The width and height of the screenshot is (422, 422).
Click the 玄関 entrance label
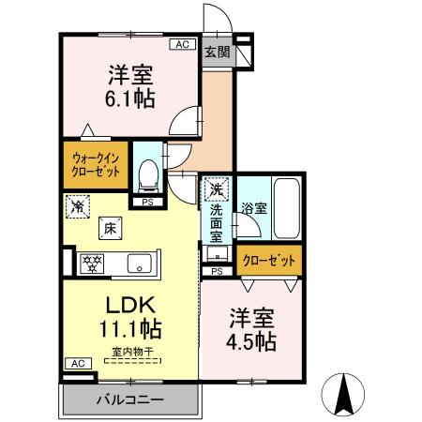(217, 53)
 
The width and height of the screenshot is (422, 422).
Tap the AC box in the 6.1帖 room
(182, 44)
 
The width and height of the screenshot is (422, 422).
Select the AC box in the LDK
(77, 363)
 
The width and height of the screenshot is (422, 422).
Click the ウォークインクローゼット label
(95, 166)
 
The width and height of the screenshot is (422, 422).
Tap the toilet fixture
(147, 173)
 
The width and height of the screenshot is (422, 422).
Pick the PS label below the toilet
(147, 201)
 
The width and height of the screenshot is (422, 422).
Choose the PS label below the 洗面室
(217, 272)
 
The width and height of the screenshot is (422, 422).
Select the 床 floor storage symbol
(110, 227)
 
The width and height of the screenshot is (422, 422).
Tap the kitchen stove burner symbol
(92, 262)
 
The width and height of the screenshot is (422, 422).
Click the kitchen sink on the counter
(140, 262)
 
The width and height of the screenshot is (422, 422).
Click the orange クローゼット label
(270, 260)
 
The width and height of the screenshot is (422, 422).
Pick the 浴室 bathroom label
(253, 207)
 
